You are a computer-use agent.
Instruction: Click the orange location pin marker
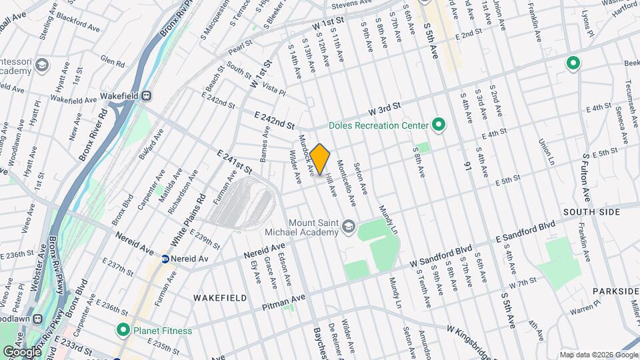pyautogui.click(x=320, y=159)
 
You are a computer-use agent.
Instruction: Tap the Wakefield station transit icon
pyautogui.click(x=146, y=96)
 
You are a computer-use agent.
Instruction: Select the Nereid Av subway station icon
pyautogui.click(x=166, y=258)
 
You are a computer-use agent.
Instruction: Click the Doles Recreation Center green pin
pyautogui.click(x=438, y=125)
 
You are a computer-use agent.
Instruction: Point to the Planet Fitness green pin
pyautogui.click(x=123, y=330)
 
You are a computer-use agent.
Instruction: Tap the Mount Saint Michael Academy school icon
pyautogui.click(x=347, y=227)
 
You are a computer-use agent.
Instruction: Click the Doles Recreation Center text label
pyautogui.click(x=377, y=125)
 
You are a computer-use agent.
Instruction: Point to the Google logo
pyautogui.click(x=21, y=351)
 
